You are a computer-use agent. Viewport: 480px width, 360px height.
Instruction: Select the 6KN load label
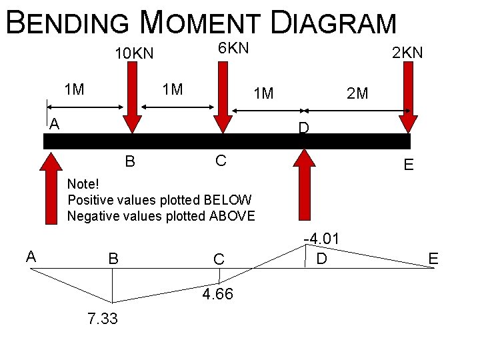(x=233, y=47)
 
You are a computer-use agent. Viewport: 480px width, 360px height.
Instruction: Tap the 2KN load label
(x=407, y=53)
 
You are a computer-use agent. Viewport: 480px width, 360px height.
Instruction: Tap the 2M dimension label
(x=357, y=93)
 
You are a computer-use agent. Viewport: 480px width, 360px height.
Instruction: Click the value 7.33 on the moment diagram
(x=102, y=319)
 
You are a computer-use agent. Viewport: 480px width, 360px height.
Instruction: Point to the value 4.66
(x=217, y=294)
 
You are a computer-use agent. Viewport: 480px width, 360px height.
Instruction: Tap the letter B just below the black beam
(x=131, y=161)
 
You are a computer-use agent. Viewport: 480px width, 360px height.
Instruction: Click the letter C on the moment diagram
(x=219, y=259)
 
